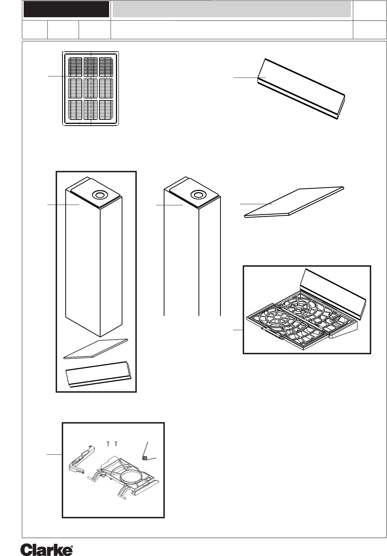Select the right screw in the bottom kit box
[116, 444]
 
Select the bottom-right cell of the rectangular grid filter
[107, 109]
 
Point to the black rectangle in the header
[66, 9]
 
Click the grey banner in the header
[232, 9]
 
